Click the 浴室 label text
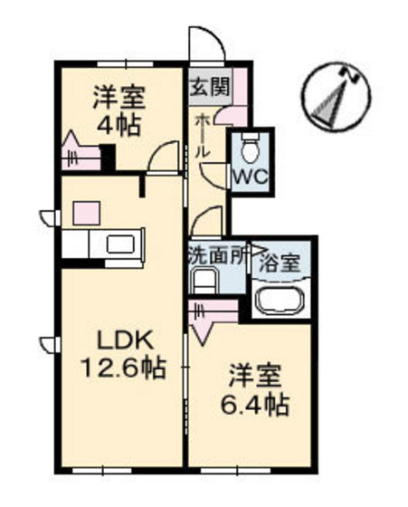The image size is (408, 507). (x=280, y=265)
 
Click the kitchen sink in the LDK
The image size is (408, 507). (x=120, y=244)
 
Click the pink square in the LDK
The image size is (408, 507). (x=85, y=215)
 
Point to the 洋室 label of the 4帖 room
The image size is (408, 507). (x=119, y=97)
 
